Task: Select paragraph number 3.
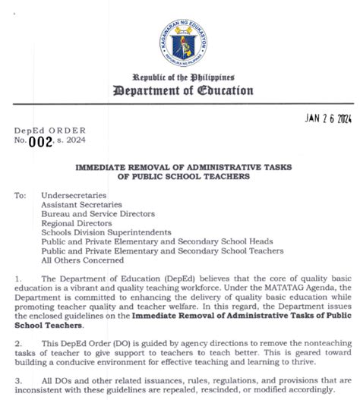pyautogui.click(x=17, y=381)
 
